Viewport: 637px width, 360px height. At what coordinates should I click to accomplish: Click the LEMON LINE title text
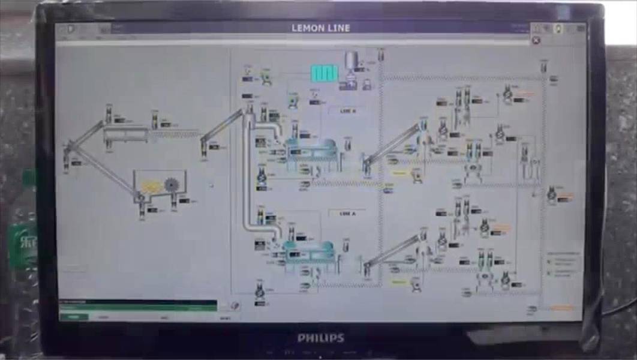pyautogui.click(x=320, y=28)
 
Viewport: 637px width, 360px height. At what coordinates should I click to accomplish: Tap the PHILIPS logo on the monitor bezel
pyautogui.click(x=321, y=338)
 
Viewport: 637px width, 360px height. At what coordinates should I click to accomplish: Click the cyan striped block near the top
pyautogui.click(x=324, y=73)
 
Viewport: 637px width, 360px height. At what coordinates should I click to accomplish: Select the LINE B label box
pyautogui.click(x=347, y=111)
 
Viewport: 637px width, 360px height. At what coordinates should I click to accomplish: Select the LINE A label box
pyautogui.click(x=347, y=213)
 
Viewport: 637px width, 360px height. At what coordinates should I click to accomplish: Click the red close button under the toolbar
pyautogui.click(x=536, y=40)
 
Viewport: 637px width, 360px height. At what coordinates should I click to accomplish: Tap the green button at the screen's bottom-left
pyautogui.click(x=73, y=317)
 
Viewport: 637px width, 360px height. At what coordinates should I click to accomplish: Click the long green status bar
pyautogui.click(x=138, y=307)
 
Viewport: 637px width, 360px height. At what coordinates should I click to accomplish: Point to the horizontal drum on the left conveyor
pyautogui.click(x=125, y=134)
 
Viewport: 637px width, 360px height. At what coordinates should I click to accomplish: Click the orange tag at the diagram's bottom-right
pyautogui.click(x=562, y=308)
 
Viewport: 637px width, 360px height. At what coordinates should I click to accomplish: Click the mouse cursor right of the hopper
pyautogui.click(x=211, y=185)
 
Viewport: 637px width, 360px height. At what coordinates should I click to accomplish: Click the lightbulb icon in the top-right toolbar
pyautogui.click(x=558, y=28)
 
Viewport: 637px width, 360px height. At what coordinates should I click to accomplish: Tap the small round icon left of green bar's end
pyautogui.click(x=235, y=306)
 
